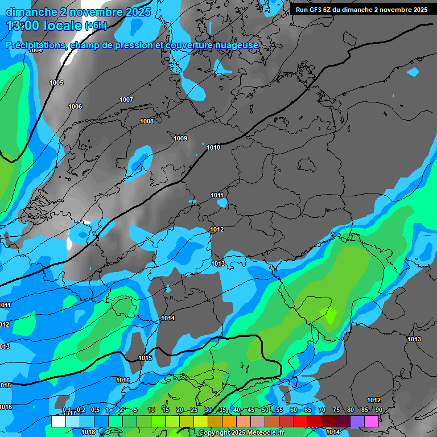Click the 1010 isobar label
(213, 148)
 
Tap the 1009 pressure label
(180, 138)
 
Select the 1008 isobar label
(147, 121)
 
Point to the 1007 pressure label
(126, 100)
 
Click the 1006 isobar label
(75, 107)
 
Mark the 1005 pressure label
(56, 83)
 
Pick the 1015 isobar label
(146, 358)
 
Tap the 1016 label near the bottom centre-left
(123, 380)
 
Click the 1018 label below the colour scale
(88, 432)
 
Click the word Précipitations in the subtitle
(34, 46)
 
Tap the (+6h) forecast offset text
(96, 26)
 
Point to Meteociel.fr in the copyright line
(262, 433)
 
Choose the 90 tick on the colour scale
(379, 410)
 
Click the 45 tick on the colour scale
(251, 410)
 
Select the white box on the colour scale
(58, 421)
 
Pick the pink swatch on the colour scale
(371, 421)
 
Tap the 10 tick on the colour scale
(151, 410)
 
